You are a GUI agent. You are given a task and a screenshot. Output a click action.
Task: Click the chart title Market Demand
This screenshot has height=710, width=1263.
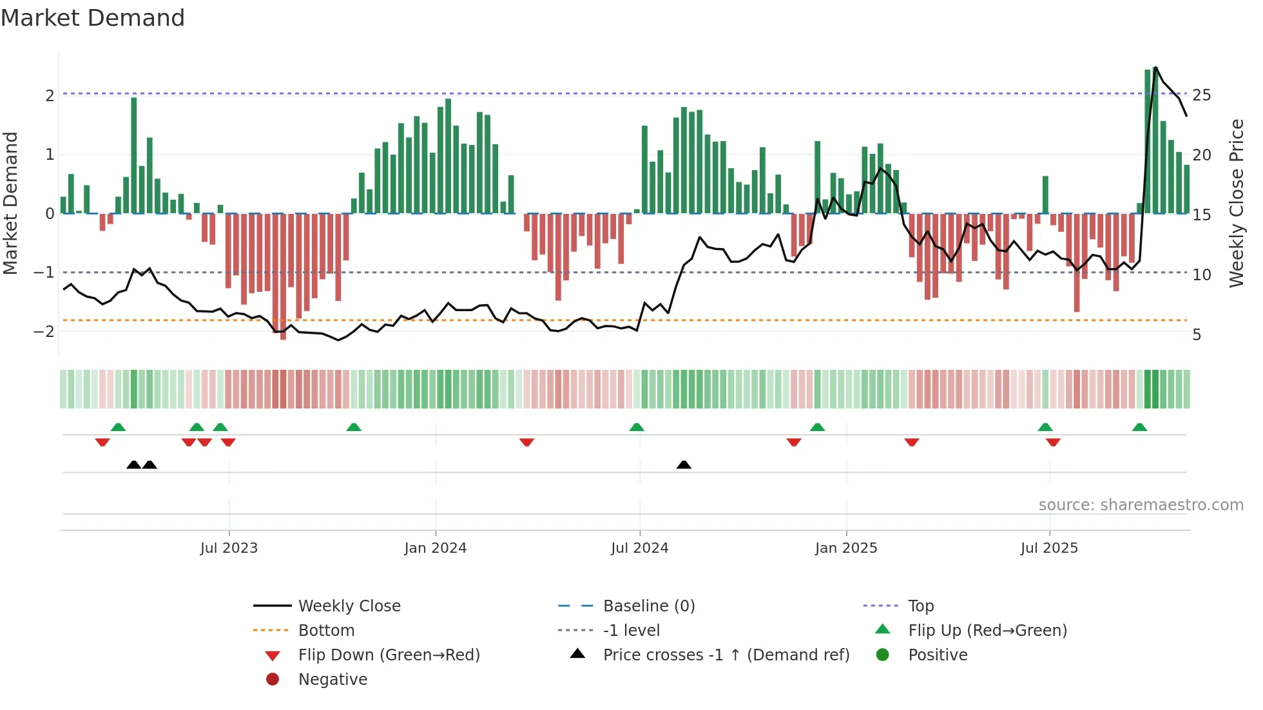(x=93, y=18)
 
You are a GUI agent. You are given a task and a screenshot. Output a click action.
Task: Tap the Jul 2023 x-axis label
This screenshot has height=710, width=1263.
(x=229, y=548)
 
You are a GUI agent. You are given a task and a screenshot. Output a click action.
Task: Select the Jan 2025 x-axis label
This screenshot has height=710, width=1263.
(x=845, y=548)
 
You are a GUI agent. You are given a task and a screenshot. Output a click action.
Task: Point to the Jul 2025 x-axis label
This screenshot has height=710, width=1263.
(x=1049, y=548)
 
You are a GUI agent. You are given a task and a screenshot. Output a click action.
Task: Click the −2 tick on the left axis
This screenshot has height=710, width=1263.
(x=44, y=332)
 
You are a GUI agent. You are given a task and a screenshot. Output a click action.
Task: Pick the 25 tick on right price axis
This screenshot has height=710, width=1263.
(x=1201, y=95)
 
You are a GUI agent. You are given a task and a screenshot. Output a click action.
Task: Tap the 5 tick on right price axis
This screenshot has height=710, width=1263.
(x=1197, y=335)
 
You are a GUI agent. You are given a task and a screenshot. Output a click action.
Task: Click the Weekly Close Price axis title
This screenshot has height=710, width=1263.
(x=1236, y=203)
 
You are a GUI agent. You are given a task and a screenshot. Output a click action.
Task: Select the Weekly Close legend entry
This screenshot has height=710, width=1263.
(x=349, y=606)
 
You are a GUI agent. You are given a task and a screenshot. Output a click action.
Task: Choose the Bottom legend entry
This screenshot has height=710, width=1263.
(x=326, y=631)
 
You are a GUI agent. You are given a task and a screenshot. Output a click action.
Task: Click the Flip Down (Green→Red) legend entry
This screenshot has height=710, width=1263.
(x=389, y=655)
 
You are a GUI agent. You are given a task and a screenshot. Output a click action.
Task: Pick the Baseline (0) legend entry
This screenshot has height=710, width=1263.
(x=648, y=606)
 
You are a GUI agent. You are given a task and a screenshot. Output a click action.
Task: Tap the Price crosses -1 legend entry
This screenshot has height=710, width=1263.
(x=726, y=655)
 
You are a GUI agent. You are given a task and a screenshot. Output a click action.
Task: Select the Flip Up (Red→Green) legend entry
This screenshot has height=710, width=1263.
(x=987, y=631)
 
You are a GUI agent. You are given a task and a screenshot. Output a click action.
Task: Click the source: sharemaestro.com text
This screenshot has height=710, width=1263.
(x=1141, y=505)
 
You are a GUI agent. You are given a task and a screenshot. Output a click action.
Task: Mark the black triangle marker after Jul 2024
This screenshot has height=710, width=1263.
(x=684, y=465)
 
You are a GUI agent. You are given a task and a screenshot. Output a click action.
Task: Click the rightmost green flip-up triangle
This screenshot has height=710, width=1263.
(x=1139, y=427)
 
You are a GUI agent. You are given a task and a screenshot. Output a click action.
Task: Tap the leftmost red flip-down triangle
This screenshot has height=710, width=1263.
(x=102, y=442)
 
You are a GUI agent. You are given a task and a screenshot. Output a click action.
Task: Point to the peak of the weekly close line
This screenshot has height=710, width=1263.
(x=1155, y=68)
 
